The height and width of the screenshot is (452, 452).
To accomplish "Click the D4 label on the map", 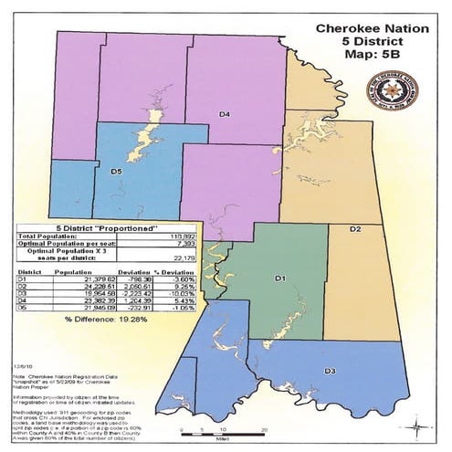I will point(224,114).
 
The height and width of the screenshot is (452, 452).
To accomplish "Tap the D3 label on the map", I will point(330,371).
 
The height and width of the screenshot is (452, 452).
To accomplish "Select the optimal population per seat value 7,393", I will point(184,244).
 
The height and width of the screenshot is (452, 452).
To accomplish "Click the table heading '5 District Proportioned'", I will point(116,228).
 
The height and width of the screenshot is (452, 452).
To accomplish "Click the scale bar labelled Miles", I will point(209,428).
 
